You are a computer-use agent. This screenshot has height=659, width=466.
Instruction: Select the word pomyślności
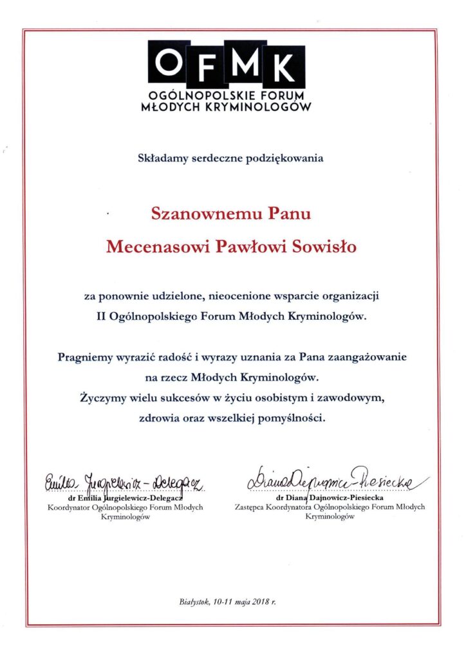(x=294, y=417)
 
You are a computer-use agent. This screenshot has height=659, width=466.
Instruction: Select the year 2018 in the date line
(x=261, y=602)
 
